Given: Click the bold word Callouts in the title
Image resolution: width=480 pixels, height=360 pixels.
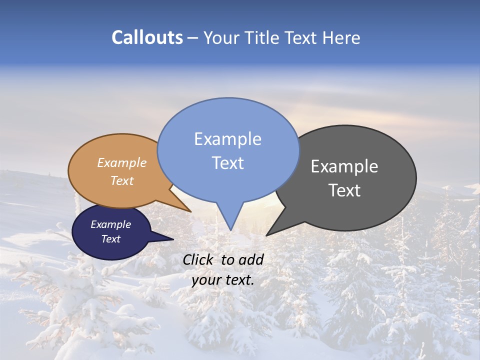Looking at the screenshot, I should click(x=147, y=37).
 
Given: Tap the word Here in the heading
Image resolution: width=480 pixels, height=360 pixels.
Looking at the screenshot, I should click(x=341, y=37).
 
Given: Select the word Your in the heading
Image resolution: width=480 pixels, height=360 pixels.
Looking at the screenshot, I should click(x=222, y=38).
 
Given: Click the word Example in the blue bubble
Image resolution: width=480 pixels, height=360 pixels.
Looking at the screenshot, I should click(x=227, y=139).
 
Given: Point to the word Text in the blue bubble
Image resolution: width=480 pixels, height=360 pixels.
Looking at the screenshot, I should click(x=227, y=163).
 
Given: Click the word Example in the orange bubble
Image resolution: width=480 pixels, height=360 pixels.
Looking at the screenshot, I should click(x=122, y=163).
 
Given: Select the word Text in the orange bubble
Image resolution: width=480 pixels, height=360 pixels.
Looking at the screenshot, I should click(x=122, y=181).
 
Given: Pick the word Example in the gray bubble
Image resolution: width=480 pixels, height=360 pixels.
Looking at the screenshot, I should click(x=344, y=166).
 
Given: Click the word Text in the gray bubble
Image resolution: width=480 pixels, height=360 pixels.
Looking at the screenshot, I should click(x=344, y=190).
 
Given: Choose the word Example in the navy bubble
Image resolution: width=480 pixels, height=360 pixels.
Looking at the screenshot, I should click(x=110, y=224).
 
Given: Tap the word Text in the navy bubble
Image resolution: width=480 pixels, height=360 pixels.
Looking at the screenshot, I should click(x=110, y=239).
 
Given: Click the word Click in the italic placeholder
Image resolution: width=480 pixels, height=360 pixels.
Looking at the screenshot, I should click(x=198, y=259).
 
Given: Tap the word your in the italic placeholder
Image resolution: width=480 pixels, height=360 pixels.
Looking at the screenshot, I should click(x=205, y=280).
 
